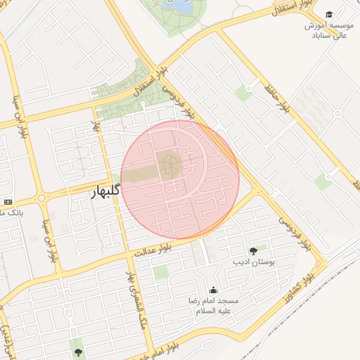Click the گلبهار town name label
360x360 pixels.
(107, 191)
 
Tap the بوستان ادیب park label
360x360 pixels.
(253, 262)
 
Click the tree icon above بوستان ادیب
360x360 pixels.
(253, 250)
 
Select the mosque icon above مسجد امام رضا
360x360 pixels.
(213, 290)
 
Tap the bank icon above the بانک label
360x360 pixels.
(8, 202)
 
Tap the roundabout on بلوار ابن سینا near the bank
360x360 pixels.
(41, 198)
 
